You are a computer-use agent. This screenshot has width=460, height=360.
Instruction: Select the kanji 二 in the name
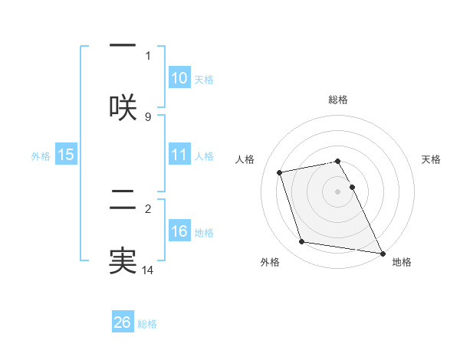pos(123,202)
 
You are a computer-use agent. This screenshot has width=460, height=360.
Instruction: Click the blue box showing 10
pos(179,78)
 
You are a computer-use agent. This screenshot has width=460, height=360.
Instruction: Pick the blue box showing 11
pos(179,155)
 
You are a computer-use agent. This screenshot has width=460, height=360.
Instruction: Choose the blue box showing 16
pos(179,231)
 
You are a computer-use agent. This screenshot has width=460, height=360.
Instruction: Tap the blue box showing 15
pos(66,155)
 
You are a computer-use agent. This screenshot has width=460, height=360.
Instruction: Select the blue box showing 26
pos(123,322)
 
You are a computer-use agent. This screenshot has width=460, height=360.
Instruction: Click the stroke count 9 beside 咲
pos(148,116)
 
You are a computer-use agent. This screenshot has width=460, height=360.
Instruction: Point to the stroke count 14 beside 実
pos(148,270)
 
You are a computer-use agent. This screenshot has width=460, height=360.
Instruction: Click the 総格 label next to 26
pos(147,324)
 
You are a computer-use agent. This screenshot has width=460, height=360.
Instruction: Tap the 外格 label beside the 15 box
pos(41,156)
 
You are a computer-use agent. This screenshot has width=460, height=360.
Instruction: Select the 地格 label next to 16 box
pos(204,233)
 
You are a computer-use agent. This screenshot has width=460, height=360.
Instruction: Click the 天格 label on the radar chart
pos(431,159)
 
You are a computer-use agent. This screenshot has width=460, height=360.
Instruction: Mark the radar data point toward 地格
pos(381,253)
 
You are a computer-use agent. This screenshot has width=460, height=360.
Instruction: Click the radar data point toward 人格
pos(280,172)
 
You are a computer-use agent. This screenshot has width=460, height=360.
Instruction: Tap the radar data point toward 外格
pos(302,242)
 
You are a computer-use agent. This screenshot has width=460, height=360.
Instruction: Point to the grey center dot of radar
pos(338,191)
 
